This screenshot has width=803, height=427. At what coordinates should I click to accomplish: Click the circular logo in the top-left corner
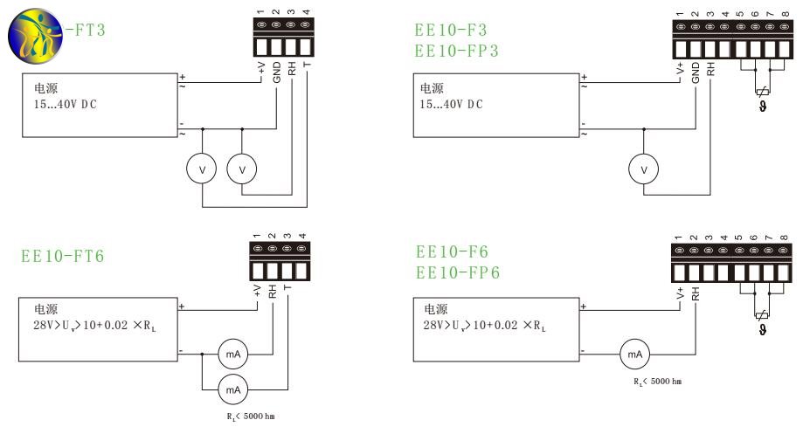click(x=31, y=31)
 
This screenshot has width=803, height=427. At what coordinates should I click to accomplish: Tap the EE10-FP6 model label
click(x=458, y=272)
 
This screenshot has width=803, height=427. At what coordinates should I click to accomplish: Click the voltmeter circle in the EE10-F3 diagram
click(x=644, y=169)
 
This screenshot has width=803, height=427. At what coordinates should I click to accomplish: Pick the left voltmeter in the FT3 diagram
click(x=203, y=169)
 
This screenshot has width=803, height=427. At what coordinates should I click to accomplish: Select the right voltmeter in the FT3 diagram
click(x=242, y=169)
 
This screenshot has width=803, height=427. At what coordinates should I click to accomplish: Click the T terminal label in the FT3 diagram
click(x=306, y=66)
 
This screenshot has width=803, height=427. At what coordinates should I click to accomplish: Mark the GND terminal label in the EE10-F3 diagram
click(x=696, y=72)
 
